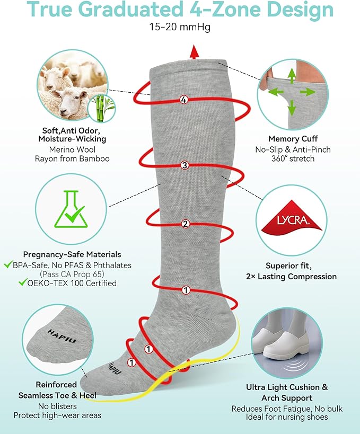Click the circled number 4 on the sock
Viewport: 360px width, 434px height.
point(184,100)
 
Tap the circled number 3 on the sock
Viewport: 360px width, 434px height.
point(184,165)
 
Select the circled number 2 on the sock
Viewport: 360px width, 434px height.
point(186,224)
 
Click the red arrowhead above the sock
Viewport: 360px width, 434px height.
point(195,51)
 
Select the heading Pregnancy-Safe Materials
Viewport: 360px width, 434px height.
point(72,254)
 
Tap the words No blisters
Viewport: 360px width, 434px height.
point(58,406)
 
